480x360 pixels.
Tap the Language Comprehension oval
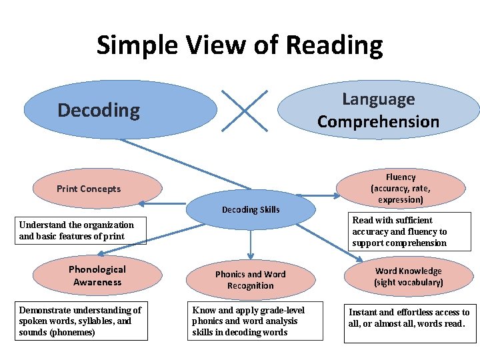[x=378, y=110]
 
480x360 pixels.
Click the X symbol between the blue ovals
[x=245, y=111]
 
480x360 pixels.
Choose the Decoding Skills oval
[x=251, y=209]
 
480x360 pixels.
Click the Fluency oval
[x=400, y=188]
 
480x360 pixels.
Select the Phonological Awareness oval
[x=97, y=275]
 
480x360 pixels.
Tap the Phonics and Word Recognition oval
[x=250, y=280]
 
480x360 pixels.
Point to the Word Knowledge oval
[x=408, y=277]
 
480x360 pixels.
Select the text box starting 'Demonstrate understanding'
[x=81, y=321]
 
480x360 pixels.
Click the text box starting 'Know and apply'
[x=256, y=321]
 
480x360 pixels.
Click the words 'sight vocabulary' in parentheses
[x=408, y=283]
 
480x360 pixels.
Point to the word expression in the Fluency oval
[x=401, y=199]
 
